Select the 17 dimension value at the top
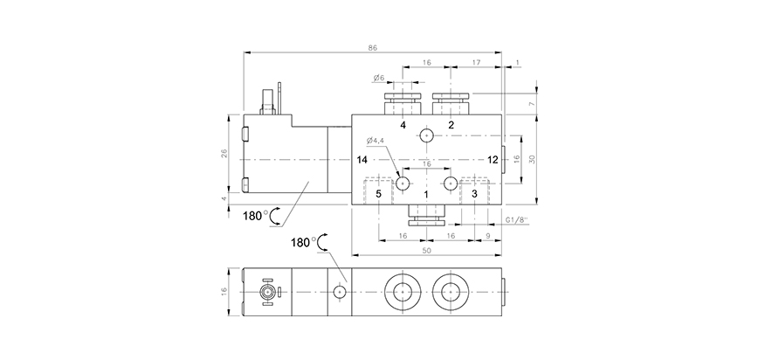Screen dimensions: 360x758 pos(475,63)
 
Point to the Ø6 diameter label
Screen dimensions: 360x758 pos(379,79)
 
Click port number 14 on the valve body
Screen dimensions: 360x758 pos(362,160)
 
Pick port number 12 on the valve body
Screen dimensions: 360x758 pos(493,160)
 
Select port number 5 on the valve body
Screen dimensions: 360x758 pos(379,193)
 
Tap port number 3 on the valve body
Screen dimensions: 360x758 pos(474,193)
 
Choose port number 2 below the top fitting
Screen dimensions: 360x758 pos(451,125)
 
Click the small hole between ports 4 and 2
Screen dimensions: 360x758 pos(426,135)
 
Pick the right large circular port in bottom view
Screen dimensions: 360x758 pos(450,290)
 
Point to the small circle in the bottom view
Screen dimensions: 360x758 pos(339,290)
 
